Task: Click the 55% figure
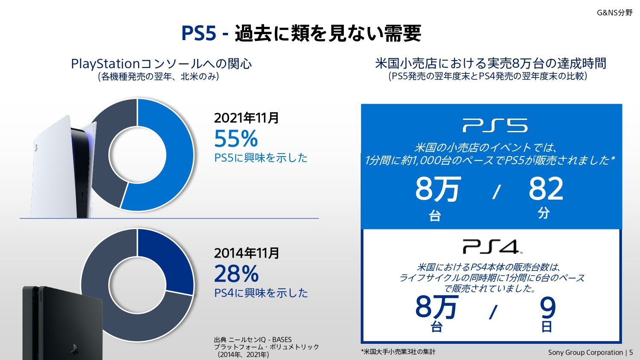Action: coord(236,139)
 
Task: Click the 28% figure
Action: coord(236,274)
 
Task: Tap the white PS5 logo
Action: coord(495,125)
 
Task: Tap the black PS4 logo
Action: coord(491,247)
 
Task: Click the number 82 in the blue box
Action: coord(546,189)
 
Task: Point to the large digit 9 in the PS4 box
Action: coord(548,308)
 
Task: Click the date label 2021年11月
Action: coord(247,118)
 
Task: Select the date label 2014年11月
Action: coord(247,253)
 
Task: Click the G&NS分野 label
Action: coord(614,13)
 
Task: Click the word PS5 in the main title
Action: coord(199,33)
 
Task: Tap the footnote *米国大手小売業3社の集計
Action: coord(398,351)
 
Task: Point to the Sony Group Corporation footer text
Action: coord(585,352)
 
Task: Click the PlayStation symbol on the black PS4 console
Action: coord(74,350)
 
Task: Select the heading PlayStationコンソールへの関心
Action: coord(161,64)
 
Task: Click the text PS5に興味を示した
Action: coord(261,158)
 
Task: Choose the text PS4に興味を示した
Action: coord(261,293)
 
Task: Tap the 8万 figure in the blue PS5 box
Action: coord(437,189)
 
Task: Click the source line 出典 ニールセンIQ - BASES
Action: coord(253,340)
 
